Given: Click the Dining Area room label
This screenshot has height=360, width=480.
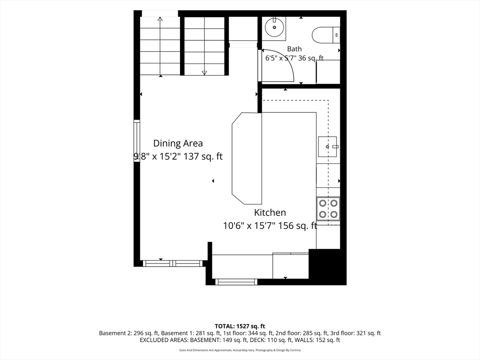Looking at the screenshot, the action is coord(178,143).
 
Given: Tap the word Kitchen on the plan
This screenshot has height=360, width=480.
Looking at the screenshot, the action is coord(270,212).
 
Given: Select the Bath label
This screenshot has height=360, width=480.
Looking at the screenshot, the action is coord(294,49).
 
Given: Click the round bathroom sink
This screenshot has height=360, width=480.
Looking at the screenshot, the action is coord(274,27).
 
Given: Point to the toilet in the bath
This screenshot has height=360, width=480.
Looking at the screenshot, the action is coord(326,35).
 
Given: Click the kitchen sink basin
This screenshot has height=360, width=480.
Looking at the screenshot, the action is coord(328,147).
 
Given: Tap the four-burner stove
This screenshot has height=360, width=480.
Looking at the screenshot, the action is coord(328,209).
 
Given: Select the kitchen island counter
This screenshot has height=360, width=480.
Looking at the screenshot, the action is coord(247,158).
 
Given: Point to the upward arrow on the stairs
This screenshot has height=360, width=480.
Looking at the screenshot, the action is coord(160,46).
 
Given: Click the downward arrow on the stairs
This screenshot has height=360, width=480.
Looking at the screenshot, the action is coord(204,46).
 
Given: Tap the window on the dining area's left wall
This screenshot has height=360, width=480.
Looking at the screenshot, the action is coord(137,141).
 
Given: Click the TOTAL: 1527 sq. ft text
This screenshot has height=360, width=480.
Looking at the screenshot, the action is coord(240,326).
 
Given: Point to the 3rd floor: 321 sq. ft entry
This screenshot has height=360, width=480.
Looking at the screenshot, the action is coord(356,333).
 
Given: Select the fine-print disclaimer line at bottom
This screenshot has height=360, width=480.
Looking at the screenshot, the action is coord(240,350).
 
